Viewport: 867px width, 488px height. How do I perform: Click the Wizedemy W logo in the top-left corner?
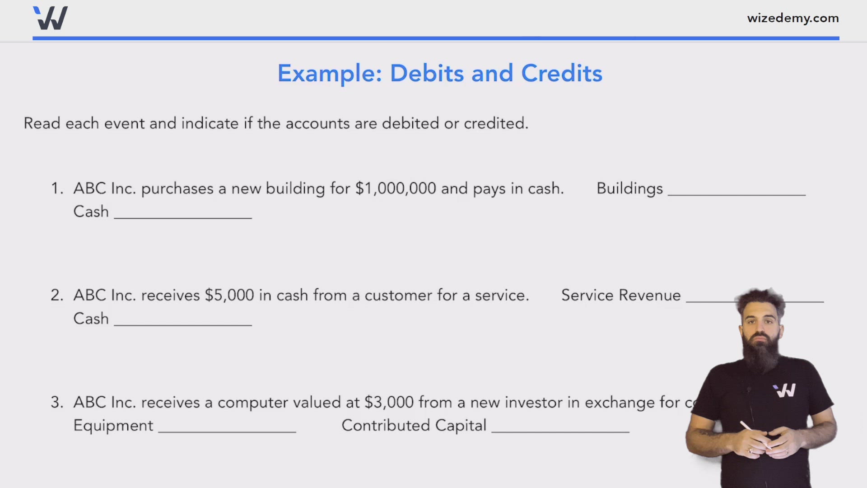(x=51, y=19)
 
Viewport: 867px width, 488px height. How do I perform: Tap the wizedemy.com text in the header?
(x=792, y=18)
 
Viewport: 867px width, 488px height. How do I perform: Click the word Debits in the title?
(x=427, y=73)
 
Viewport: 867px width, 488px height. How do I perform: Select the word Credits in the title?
(x=561, y=73)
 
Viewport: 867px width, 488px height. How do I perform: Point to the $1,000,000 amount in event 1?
(x=396, y=188)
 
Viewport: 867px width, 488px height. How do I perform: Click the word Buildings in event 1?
(x=629, y=188)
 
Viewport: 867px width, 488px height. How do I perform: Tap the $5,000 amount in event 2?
(x=229, y=296)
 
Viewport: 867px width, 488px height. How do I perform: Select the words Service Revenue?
(x=621, y=296)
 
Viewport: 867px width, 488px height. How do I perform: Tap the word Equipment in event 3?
(x=113, y=426)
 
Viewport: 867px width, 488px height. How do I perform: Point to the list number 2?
(x=56, y=296)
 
